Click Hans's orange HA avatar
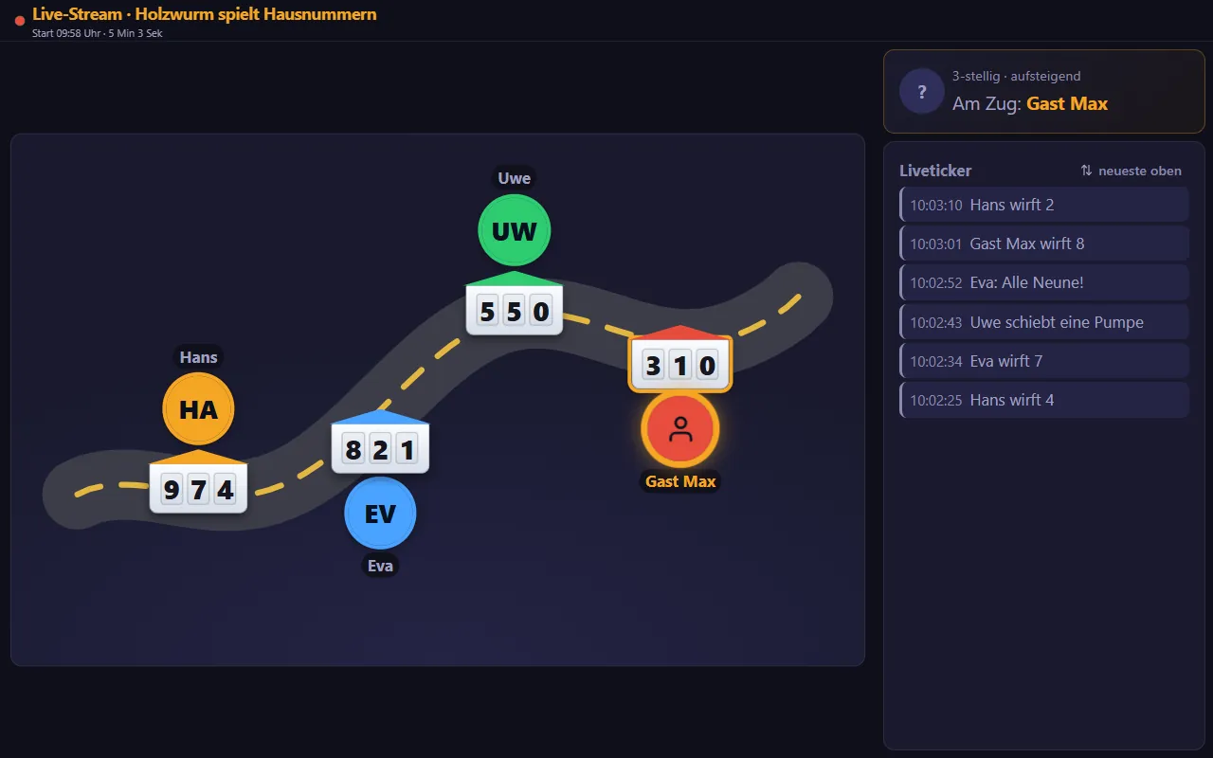point(198,408)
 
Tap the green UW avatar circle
point(514,230)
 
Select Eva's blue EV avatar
point(380,513)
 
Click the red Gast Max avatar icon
point(680,429)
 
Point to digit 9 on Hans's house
point(172,490)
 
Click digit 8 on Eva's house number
point(353,449)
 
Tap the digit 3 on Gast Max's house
point(653,366)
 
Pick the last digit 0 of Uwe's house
point(541,312)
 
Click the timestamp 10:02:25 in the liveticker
point(935,400)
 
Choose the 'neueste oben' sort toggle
point(1131,171)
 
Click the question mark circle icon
point(922,91)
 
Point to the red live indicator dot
point(20,21)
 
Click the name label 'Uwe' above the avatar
point(514,178)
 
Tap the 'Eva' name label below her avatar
point(380,566)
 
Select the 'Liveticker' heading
point(935,171)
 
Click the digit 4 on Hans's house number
point(226,490)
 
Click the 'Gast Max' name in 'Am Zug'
point(1067,103)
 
